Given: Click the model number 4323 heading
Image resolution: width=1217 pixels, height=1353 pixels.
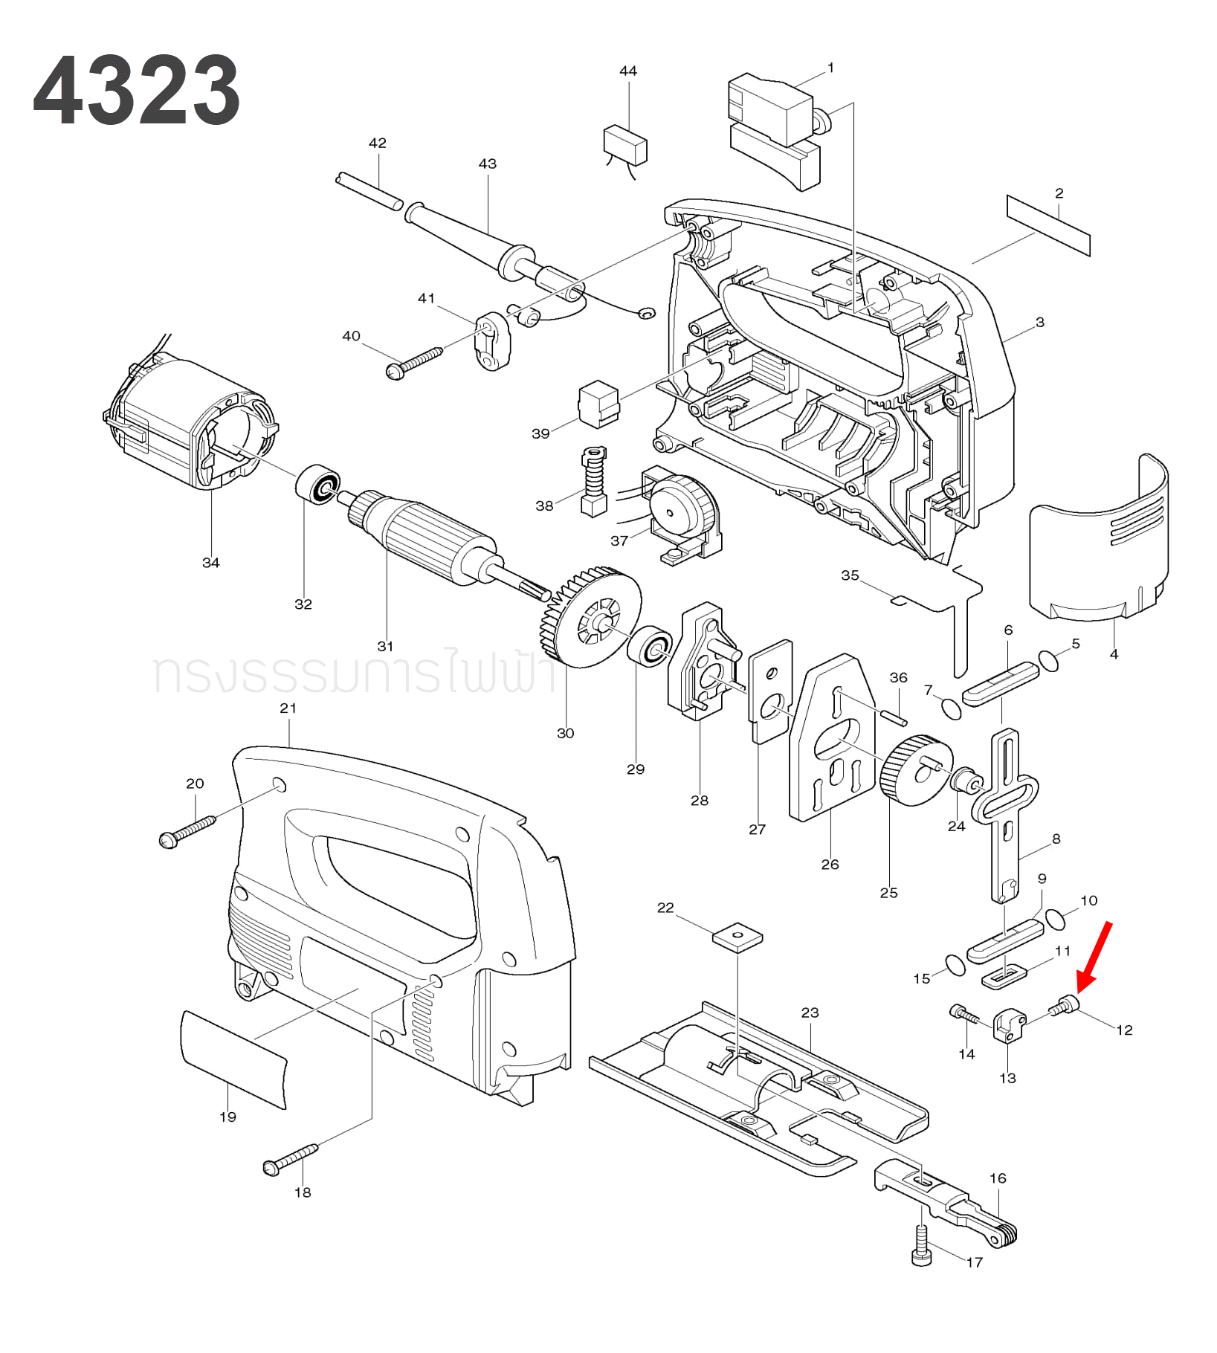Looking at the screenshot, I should coord(137,91).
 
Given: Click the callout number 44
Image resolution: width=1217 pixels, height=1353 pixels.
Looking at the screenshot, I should coord(628,71).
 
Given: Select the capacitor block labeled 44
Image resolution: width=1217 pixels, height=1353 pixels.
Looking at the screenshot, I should coord(625,144).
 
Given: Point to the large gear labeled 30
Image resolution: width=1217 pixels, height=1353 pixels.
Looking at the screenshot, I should coord(592,617).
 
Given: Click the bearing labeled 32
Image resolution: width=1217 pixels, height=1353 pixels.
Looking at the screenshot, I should coord(317,484).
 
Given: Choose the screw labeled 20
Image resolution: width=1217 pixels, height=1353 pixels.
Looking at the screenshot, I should coord(187,831).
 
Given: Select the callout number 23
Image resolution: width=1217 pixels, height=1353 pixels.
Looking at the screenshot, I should coord(810,1013).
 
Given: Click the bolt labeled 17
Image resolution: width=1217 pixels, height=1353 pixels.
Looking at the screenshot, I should coord(921,1247).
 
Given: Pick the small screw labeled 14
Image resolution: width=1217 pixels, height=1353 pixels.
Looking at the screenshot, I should coord(963,1013).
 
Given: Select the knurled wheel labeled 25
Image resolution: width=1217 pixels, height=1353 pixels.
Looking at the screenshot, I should coord(914,770).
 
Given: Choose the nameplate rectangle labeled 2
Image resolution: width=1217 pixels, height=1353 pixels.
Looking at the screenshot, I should coord(1048,225).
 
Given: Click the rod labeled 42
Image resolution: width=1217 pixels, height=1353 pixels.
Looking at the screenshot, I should coord(369,191).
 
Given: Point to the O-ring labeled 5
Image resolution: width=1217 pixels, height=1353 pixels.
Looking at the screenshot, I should coord(1049,661).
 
